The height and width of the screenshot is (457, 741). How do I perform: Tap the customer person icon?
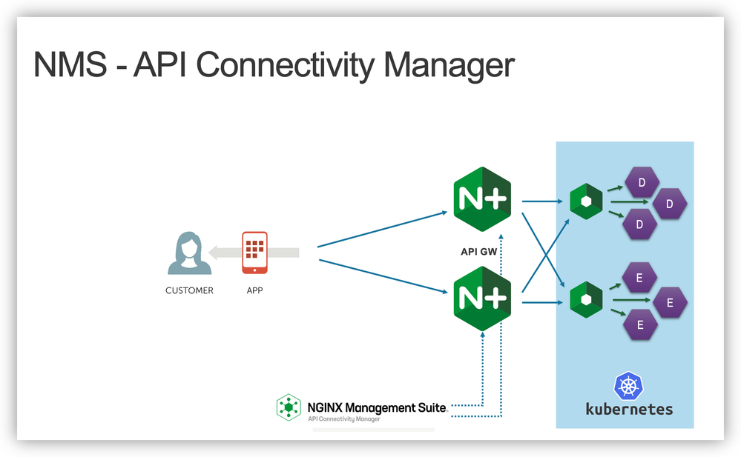pyautogui.click(x=188, y=253)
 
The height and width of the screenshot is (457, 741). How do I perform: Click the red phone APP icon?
pyautogui.click(x=254, y=253)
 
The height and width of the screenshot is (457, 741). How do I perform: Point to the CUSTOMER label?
pyautogui.click(x=189, y=290)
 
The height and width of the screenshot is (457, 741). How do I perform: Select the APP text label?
pyautogui.click(x=254, y=290)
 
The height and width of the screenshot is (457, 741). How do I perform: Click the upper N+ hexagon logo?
pyautogui.click(x=482, y=201)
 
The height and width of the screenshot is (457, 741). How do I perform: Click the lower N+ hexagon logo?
pyautogui.click(x=482, y=298)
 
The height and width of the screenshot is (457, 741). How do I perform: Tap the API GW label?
pyautogui.click(x=479, y=252)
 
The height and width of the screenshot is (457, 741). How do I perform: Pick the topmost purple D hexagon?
pyautogui.click(x=642, y=182)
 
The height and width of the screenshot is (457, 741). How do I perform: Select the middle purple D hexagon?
pyautogui.click(x=669, y=204)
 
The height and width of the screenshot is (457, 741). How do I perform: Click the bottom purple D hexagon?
pyautogui.click(x=642, y=224)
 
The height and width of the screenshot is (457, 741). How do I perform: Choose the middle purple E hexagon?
pyautogui.click(x=669, y=302)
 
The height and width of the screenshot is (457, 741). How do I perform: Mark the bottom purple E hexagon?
pyautogui.click(x=642, y=324)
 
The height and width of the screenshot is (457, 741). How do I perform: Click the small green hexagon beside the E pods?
pyautogui.click(x=586, y=299)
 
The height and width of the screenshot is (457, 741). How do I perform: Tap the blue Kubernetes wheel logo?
pyautogui.click(x=629, y=386)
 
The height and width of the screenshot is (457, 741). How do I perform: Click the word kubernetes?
pyautogui.click(x=629, y=408)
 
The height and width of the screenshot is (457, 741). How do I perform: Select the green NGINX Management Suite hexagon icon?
pyautogui.click(x=288, y=407)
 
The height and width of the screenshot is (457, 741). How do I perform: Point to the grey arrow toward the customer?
pyautogui.click(x=253, y=253)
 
